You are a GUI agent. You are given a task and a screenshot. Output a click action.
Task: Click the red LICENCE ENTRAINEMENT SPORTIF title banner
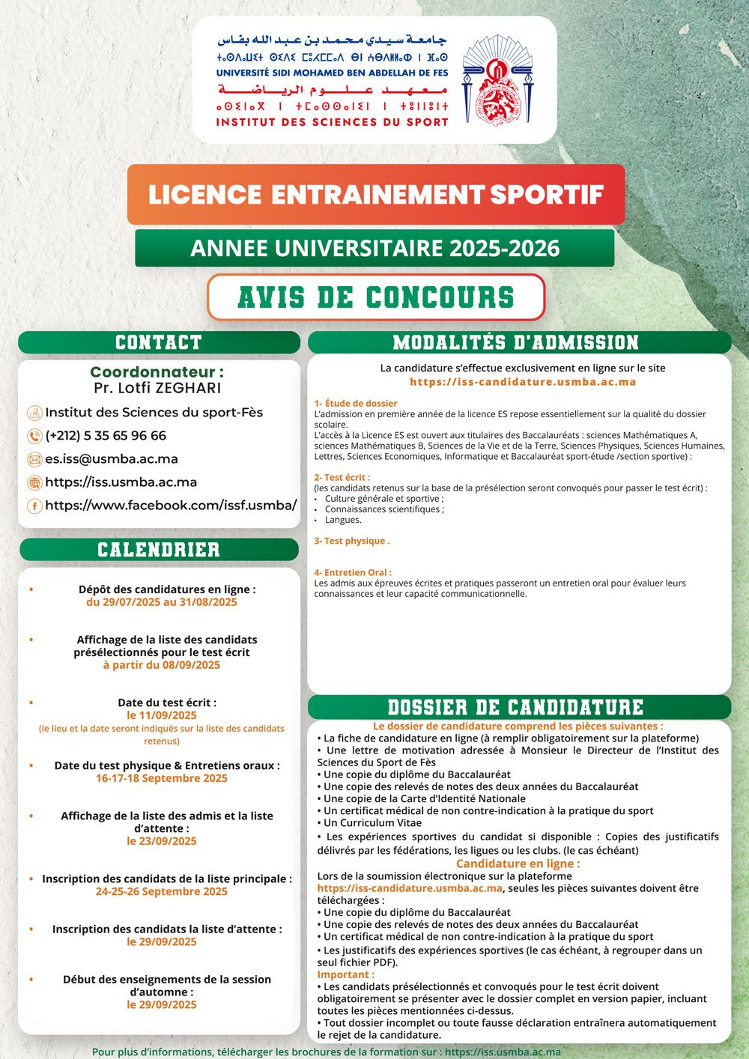click(x=376, y=195)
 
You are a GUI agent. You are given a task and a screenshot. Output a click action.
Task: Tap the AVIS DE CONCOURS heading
click(x=376, y=297)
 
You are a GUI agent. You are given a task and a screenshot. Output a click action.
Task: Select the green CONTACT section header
click(x=159, y=343)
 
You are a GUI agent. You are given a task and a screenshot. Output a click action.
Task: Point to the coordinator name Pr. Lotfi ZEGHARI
click(x=157, y=388)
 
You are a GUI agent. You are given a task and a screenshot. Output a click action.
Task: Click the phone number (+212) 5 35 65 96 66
click(x=106, y=436)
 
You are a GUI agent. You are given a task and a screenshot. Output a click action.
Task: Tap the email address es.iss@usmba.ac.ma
click(x=112, y=459)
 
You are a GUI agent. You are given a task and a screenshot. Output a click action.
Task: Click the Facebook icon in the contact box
click(x=34, y=506)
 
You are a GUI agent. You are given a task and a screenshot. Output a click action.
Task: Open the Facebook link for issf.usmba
click(x=171, y=506)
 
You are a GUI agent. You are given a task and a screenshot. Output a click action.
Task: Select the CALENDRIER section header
click(x=159, y=550)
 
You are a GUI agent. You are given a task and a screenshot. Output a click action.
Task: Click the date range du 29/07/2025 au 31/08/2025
click(x=162, y=602)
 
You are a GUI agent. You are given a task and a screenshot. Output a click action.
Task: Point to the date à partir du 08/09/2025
click(x=162, y=665)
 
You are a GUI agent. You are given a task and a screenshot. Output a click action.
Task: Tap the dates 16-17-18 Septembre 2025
click(x=162, y=778)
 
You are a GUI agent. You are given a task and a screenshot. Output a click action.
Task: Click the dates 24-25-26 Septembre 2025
click(x=162, y=891)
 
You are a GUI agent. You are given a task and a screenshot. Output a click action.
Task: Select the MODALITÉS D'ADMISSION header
click(x=516, y=343)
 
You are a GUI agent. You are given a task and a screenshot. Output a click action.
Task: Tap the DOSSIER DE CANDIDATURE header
click(x=515, y=707)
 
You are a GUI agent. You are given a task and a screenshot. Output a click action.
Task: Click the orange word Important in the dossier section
click(x=345, y=974)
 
